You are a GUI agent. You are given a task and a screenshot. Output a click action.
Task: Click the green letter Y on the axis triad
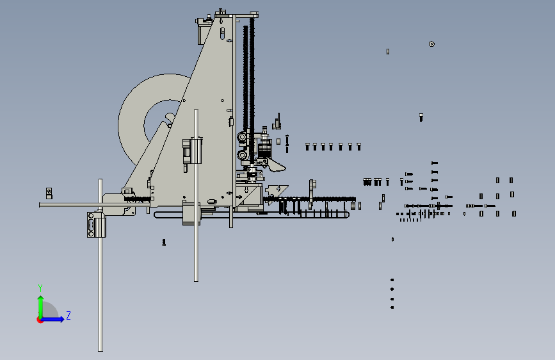click(40, 288)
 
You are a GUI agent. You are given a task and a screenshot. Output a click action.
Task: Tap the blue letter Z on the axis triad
click(68, 315)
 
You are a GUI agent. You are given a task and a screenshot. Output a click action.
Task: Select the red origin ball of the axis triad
click(40, 320)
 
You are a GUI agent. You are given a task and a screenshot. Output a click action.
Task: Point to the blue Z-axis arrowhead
click(61, 319)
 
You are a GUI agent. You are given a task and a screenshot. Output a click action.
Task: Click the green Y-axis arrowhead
click(41, 299)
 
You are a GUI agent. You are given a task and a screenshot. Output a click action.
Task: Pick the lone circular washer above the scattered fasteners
click(431, 44)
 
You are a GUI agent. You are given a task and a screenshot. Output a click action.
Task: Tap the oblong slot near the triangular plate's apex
click(222, 33)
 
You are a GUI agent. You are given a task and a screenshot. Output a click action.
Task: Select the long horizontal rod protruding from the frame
click(94, 205)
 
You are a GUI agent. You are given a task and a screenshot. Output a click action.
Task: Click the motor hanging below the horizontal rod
click(96, 225)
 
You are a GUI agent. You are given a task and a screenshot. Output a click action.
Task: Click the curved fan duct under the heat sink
click(277, 165)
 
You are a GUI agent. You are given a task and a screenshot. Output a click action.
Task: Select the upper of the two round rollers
click(242, 137)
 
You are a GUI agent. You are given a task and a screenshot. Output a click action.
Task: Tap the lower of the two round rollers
click(243, 155)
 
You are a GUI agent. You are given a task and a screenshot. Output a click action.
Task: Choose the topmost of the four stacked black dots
click(392, 280)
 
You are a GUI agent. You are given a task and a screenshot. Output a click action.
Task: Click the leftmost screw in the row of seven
click(307, 146)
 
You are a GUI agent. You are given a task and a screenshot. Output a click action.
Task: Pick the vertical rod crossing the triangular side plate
click(196, 195)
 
